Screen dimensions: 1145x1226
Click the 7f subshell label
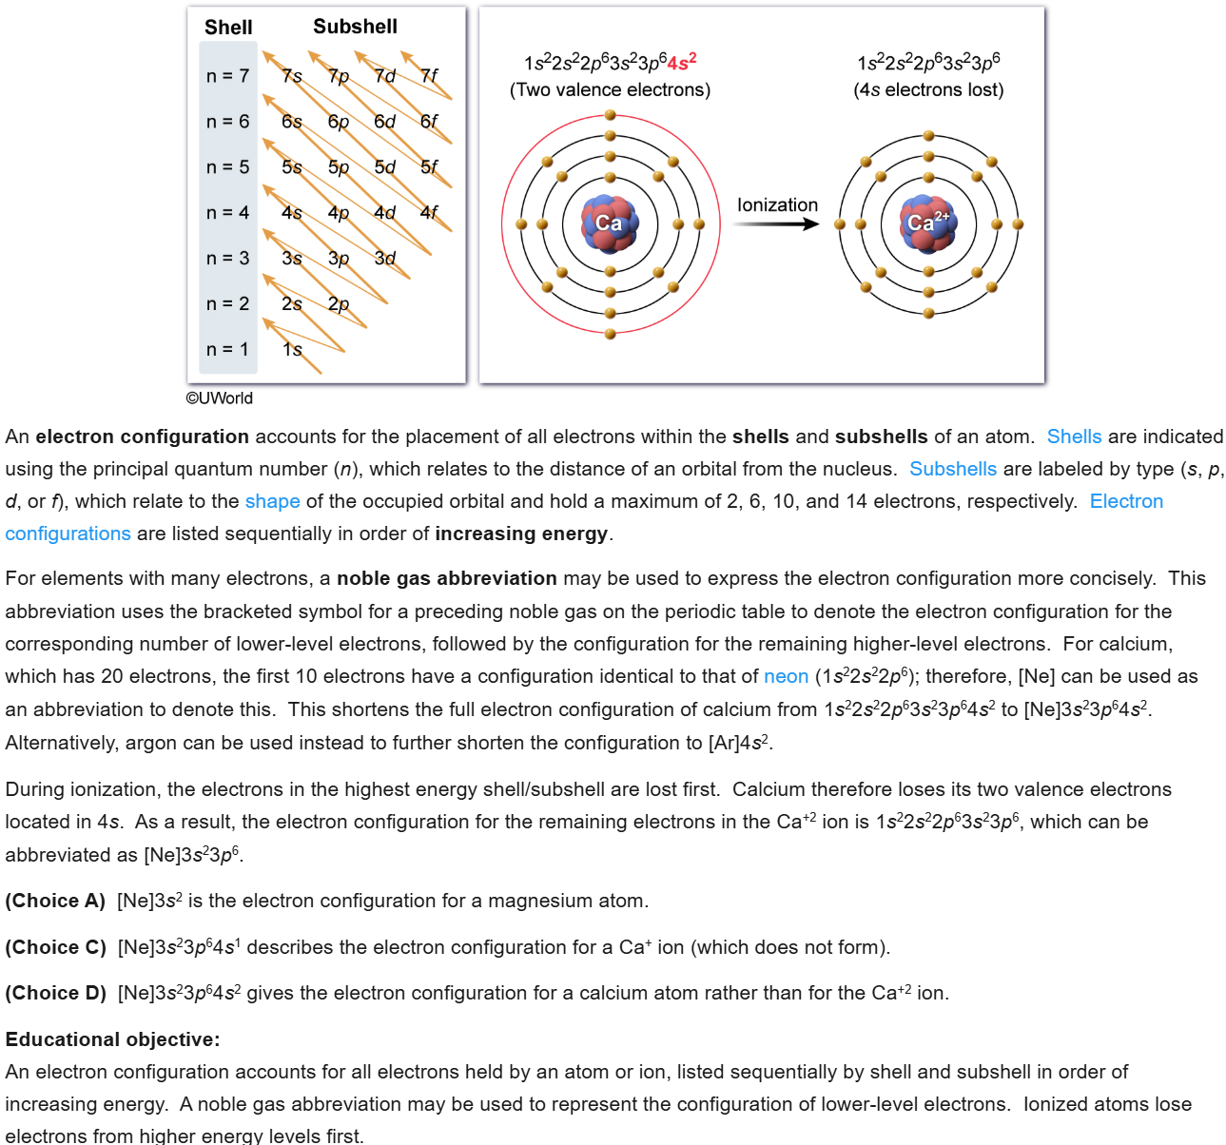[429, 75]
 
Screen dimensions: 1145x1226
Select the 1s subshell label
[292, 349]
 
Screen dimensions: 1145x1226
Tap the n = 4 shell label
[227, 212]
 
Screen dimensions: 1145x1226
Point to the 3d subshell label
[384, 258]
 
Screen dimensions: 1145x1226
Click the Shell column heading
[228, 28]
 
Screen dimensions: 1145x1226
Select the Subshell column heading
[355, 27]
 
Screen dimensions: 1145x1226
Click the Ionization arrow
[776, 224]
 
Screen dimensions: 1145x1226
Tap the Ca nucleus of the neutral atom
[609, 223]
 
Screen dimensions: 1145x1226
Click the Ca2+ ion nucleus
[927, 223]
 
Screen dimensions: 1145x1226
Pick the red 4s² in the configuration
[682, 63]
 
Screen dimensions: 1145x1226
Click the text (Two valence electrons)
[610, 90]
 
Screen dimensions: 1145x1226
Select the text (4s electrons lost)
[928, 90]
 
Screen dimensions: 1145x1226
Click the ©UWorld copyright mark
[220, 398]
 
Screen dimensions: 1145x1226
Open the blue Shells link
[1074, 437]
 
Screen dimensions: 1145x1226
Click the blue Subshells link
[953, 469]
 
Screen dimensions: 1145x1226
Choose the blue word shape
[272, 501]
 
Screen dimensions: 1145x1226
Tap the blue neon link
[786, 676]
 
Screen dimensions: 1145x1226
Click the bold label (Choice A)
[55, 901]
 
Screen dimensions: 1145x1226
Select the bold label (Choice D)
[55, 993]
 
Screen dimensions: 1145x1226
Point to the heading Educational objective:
[112, 1039]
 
